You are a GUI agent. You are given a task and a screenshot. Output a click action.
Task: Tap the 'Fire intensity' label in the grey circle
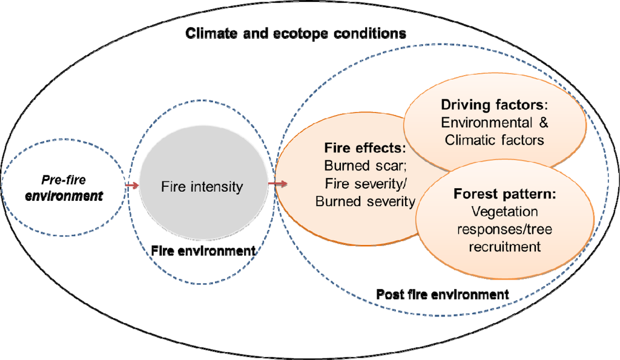click(202, 186)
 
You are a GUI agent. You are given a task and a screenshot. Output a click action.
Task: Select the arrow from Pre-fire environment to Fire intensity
click(131, 185)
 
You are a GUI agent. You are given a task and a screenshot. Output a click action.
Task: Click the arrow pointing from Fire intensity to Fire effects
click(278, 183)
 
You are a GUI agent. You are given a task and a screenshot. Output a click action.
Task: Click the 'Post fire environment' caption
click(442, 295)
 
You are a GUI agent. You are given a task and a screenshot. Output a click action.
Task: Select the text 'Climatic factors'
click(494, 140)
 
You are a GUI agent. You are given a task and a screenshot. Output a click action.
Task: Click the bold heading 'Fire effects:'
click(364, 147)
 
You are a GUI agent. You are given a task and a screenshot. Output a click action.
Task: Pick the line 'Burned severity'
click(365, 201)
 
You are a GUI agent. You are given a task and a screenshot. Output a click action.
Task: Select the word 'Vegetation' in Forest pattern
click(498, 212)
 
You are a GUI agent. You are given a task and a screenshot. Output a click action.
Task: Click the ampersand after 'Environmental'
click(543, 123)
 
